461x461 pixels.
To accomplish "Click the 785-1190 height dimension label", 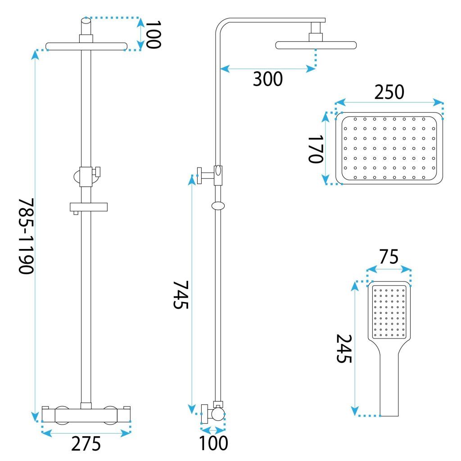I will click(26, 235).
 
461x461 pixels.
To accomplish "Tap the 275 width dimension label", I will click(86, 444).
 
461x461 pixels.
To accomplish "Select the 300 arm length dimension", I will click(267, 79).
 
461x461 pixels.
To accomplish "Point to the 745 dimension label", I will click(181, 294).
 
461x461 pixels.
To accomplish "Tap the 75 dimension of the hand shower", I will click(389, 257).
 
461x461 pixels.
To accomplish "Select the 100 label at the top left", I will click(153, 34).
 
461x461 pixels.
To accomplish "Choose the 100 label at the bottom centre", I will click(214, 443).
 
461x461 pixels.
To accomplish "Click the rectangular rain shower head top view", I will click(389, 149).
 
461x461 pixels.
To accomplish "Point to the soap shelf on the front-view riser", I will click(89, 207).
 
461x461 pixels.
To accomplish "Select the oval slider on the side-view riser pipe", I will click(218, 206).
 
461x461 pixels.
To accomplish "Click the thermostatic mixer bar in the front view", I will click(86, 414).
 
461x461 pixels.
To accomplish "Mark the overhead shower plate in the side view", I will click(316, 45).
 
